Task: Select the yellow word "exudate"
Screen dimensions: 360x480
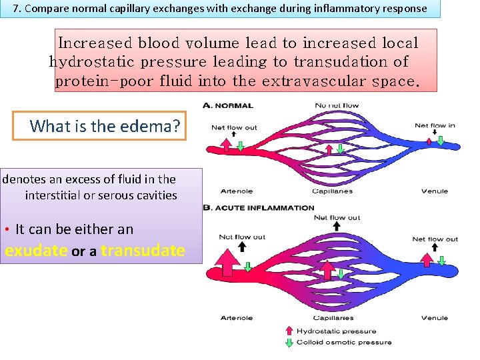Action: tap(36, 251)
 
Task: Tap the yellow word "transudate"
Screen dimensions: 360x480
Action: tap(143, 251)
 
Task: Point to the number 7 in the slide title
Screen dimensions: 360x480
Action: tap(17, 9)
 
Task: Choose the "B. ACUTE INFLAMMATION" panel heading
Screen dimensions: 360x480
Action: tap(259, 208)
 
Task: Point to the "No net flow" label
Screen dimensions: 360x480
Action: tap(337, 105)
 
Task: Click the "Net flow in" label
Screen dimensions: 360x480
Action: tap(435, 125)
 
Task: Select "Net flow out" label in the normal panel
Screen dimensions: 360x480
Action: tap(234, 127)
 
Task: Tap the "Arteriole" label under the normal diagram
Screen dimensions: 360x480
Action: tap(236, 191)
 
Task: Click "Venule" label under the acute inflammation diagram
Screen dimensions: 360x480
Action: tap(435, 318)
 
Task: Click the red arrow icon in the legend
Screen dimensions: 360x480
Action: tap(289, 331)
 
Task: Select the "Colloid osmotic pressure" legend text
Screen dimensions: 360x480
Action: tap(344, 342)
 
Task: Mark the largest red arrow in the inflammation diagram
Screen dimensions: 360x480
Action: tap(227, 262)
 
